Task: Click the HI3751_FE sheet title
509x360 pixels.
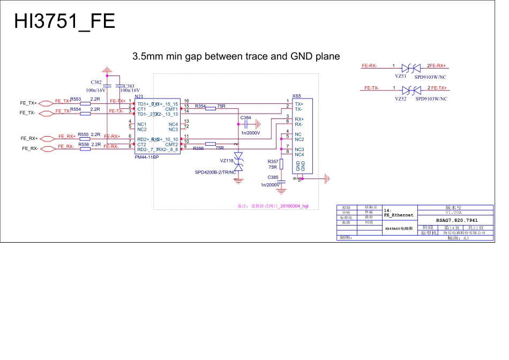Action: tap(64, 21)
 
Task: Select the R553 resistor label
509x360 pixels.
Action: tap(76, 99)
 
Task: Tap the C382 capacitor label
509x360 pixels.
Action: tap(96, 82)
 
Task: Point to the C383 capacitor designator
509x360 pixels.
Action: tap(129, 86)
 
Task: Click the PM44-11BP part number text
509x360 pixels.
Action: tap(147, 157)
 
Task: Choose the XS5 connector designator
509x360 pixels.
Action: tap(296, 95)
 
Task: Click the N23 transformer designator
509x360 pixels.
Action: tap(139, 96)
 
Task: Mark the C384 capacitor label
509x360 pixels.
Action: tap(246, 117)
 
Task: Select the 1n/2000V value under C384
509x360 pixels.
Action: tap(250, 133)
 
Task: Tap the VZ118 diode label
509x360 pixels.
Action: tap(227, 161)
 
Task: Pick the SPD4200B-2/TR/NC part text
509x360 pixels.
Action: tap(216, 172)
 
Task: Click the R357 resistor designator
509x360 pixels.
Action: tap(273, 161)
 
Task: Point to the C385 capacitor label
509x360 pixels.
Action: tap(273, 177)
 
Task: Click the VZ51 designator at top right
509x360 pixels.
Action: tap(401, 76)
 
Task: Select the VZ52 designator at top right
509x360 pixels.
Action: tap(401, 99)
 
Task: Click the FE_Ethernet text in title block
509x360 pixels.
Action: tap(399, 215)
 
